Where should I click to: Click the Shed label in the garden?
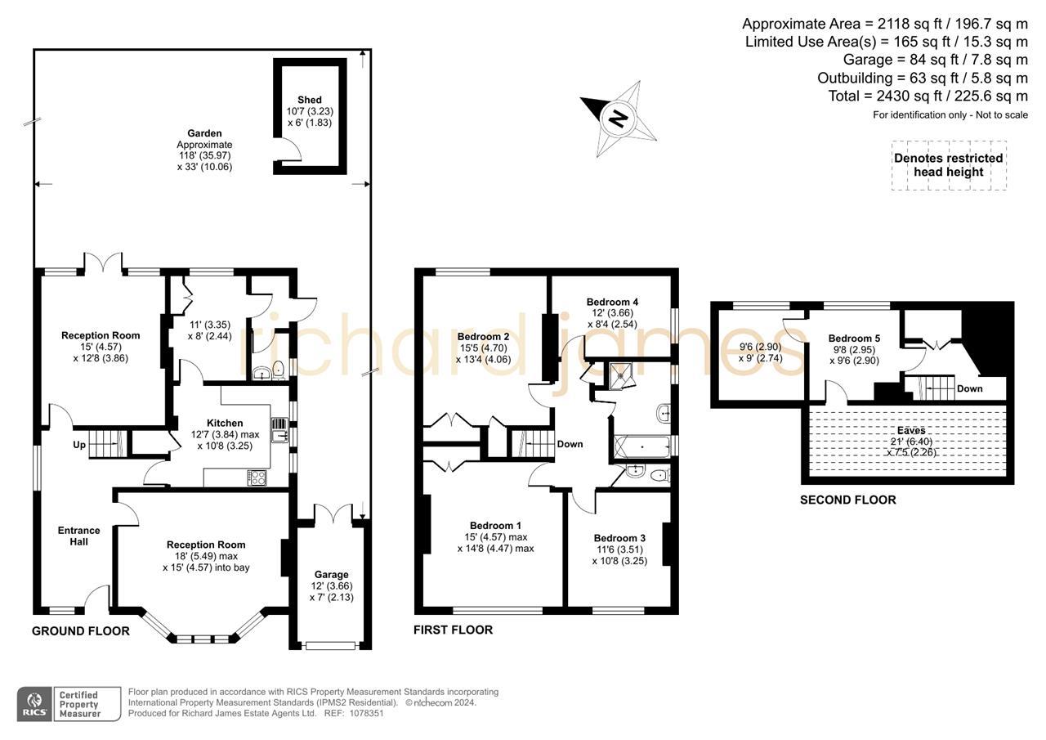(x=310, y=99)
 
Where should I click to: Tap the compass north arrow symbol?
(x=619, y=119)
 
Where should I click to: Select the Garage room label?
(x=331, y=575)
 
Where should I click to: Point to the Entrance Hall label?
(x=78, y=536)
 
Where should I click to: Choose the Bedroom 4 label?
(x=612, y=302)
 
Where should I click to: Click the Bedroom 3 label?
(x=619, y=538)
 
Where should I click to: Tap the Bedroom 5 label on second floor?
(x=854, y=339)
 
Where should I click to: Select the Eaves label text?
(x=910, y=430)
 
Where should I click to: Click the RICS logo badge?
(x=34, y=704)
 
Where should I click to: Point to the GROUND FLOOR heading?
(x=80, y=630)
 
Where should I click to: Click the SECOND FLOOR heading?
(x=847, y=500)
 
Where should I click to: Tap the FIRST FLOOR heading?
(x=453, y=630)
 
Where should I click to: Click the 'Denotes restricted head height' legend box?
(x=948, y=165)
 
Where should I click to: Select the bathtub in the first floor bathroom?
(x=641, y=447)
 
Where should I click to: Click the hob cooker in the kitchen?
(x=256, y=478)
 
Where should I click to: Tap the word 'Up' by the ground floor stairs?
(x=79, y=445)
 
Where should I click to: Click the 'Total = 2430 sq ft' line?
(x=928, y=96)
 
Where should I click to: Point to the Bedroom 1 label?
(x=495, y=526)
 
